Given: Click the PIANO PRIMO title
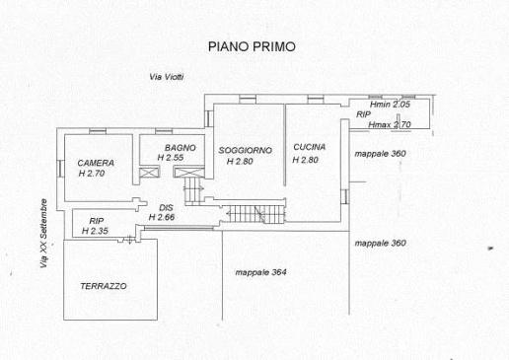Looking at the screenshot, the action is pyautogui.click(x=252, y=46).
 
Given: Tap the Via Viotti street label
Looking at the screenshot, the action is pyautogui.click(x=167, y=77).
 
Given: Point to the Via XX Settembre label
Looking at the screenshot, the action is pyautogui.click(x=43, y=234).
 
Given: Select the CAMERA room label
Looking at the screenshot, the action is pyautogui.click(x=96, y=163).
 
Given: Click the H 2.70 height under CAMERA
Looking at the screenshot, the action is pyautogui.click(x=92, y=174).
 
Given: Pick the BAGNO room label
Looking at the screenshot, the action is pyautogui.click(x=181, y=148).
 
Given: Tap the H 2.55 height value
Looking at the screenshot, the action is pyautogui.click(x=171, y=158).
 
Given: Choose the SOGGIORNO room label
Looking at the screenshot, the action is pyautogui.click(x=246, y=151).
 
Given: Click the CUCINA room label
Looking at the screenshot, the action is pyautogui.click(x=310, y=147).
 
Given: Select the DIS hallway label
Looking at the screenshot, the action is pyautogui.click(x=166, y=208).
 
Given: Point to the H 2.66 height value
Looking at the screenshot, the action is pyautogui.click(x=162, y=217).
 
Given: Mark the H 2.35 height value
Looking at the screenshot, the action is pyautogui.click(x=95, y=231).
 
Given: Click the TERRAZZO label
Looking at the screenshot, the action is pyautogui.click(x=104, y=286).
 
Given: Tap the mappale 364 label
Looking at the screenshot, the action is pyautogui.click(x=260, y=272).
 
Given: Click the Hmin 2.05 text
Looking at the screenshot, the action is pyautogui.click(x=390, y=105).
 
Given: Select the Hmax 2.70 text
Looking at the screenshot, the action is pyautogui.click(x=390, y=125).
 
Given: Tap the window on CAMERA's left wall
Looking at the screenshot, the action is pyautogui.click(x=60, y=168).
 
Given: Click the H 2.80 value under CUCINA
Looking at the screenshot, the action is pyautogui.click(x=305, y=160).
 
